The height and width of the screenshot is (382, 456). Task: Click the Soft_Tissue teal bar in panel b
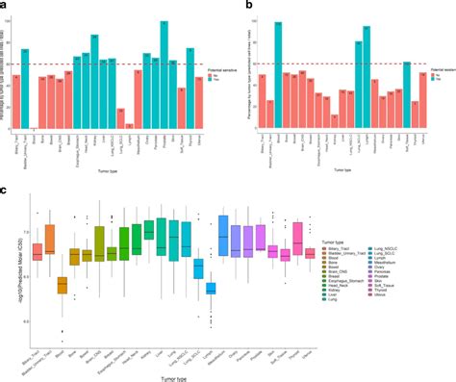pos(406,96)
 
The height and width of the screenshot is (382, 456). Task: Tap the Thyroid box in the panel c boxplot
pos(297,236)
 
